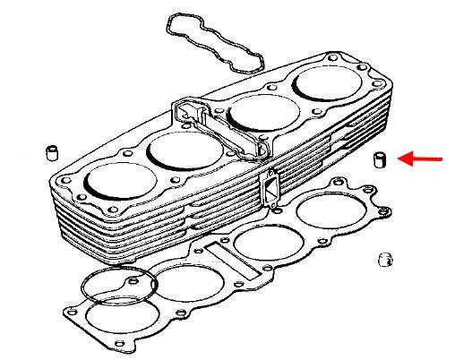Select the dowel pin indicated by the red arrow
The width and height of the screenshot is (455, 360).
379,160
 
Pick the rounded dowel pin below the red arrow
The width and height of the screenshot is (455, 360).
386,260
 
